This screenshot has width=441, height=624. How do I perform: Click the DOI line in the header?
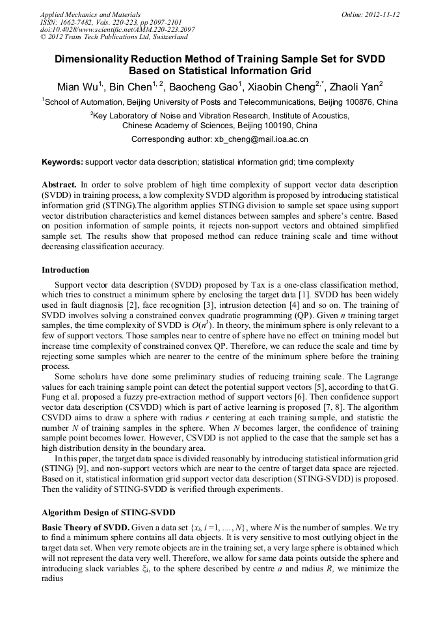coord(117,29)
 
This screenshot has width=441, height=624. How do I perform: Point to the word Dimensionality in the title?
coord(95,59)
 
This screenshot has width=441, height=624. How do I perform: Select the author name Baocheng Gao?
coord(205,87)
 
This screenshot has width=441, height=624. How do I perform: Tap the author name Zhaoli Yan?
coord(353,87)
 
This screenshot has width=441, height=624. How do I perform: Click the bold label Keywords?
coord(62,162)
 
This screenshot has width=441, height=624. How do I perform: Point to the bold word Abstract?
coord(59,185)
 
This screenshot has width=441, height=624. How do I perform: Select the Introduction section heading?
coord(66,270)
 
